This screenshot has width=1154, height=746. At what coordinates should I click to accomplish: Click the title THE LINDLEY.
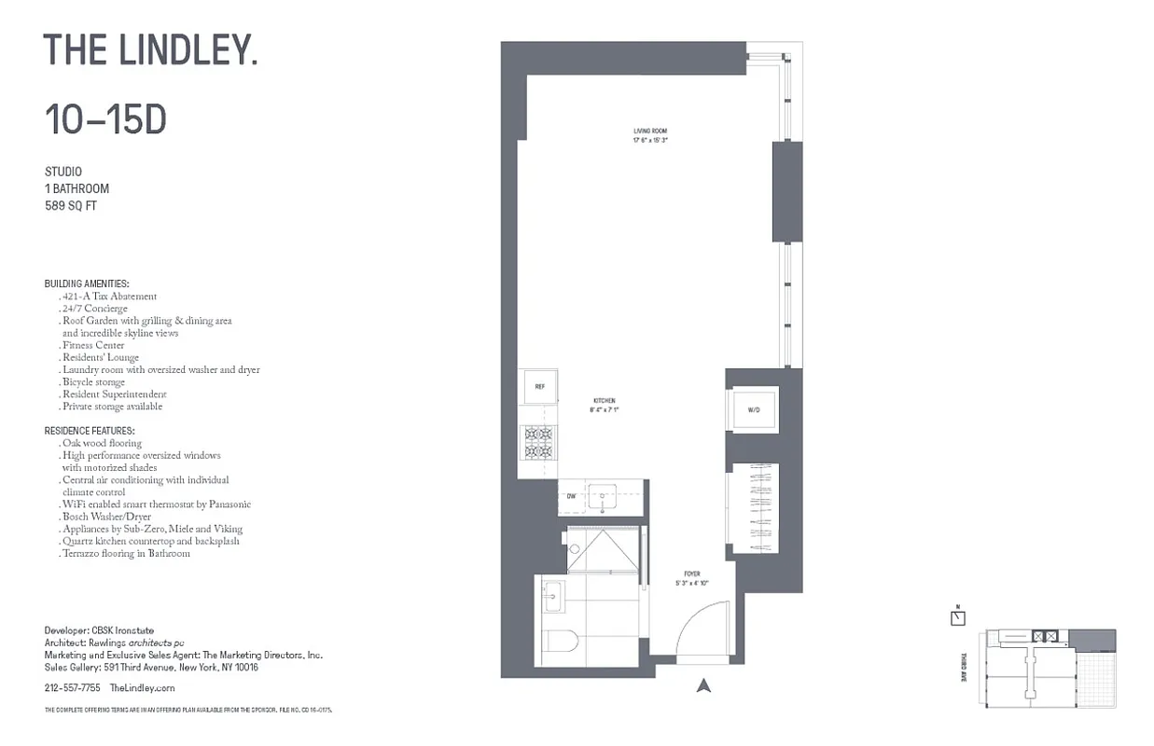tap(150, 49)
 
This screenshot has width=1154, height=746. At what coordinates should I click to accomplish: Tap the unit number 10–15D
tap(105, 119)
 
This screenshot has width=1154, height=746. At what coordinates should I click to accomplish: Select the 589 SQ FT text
tap(71, 205)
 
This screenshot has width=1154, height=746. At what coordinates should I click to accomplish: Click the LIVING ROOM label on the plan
tap(650, 131)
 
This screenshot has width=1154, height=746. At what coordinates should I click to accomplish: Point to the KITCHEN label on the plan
tap(604, 401)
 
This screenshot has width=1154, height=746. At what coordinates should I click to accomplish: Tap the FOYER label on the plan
tap(691, 574)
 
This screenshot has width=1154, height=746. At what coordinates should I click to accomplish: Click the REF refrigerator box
tap(539, 386)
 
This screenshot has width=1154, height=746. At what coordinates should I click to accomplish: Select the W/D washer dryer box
tap(753, 409)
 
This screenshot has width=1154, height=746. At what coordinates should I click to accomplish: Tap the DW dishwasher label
tap(571, 496)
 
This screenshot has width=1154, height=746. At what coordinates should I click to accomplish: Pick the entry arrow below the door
tap(704, 686)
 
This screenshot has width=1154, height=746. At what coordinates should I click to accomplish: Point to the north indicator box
tap(958, 617)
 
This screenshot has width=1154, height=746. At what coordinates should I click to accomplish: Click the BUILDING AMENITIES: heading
tap(87, 283)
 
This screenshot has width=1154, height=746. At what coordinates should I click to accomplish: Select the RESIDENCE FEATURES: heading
tap(90, 431)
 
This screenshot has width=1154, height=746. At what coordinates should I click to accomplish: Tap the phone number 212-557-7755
tap(73, 687)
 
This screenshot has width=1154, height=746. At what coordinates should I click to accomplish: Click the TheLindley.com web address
tap(142, 687)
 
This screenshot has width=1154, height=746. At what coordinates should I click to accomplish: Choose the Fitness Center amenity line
tap(93, 345)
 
